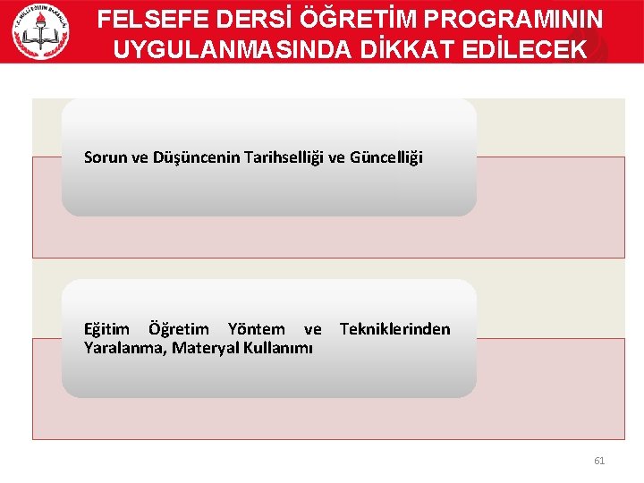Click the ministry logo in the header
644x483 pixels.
40,31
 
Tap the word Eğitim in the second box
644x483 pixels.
106,330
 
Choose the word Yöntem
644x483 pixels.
256,329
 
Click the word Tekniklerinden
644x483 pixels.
394,329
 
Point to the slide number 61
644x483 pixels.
599,461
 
